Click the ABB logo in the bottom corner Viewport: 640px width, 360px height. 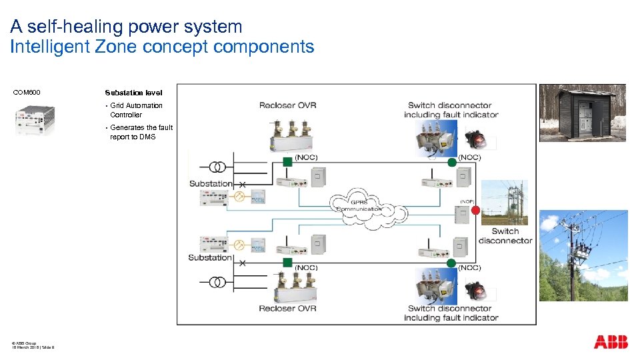click(x=610, y=342)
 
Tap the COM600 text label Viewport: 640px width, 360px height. click(x=27, y=93)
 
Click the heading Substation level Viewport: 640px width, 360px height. click(x=133, y=93)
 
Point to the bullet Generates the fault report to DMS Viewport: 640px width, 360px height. click(x=140, y=132)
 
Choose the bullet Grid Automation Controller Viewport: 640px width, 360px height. click(x=135, y=110)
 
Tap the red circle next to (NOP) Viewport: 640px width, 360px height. click(x=475, y=211)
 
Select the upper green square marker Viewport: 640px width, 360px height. click(x=286, y=161)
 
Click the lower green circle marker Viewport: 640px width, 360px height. click(x=452, y=262)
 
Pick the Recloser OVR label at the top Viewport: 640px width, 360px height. click(x=287, y=105)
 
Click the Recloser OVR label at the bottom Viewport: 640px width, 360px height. click(x=287, y=308)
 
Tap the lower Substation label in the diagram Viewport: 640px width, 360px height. click(x=210, y=257)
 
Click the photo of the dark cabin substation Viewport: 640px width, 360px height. click(x=582, y=113)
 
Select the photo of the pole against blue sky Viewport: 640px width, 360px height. click(x=583, y=255)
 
